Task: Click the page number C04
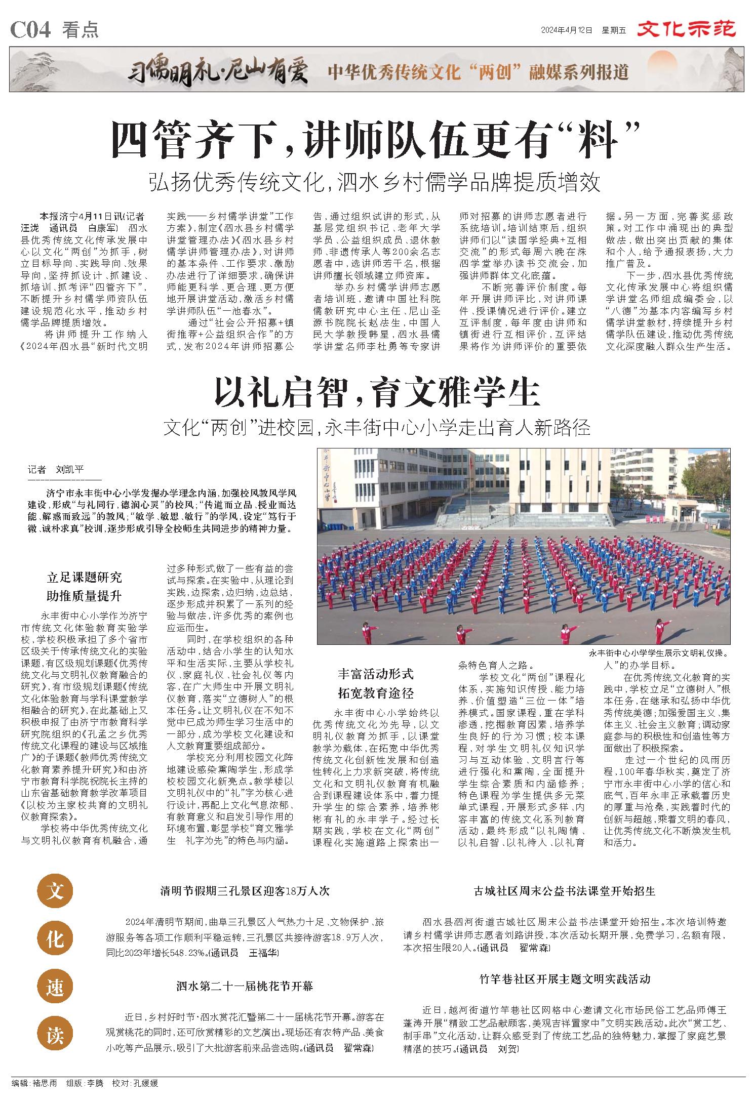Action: (31, 30)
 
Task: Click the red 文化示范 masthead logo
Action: (686, 29)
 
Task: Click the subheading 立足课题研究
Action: (84, 578)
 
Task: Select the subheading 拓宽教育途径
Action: (375, 693)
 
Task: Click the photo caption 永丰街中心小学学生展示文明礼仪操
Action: (658, 653)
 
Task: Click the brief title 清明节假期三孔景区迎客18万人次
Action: (245, 891)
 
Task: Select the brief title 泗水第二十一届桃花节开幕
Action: (245, 986)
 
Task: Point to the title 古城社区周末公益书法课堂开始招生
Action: (565, 891)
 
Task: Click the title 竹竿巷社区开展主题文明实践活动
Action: (565, 978)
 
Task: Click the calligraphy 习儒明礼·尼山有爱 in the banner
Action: (217, 71)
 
